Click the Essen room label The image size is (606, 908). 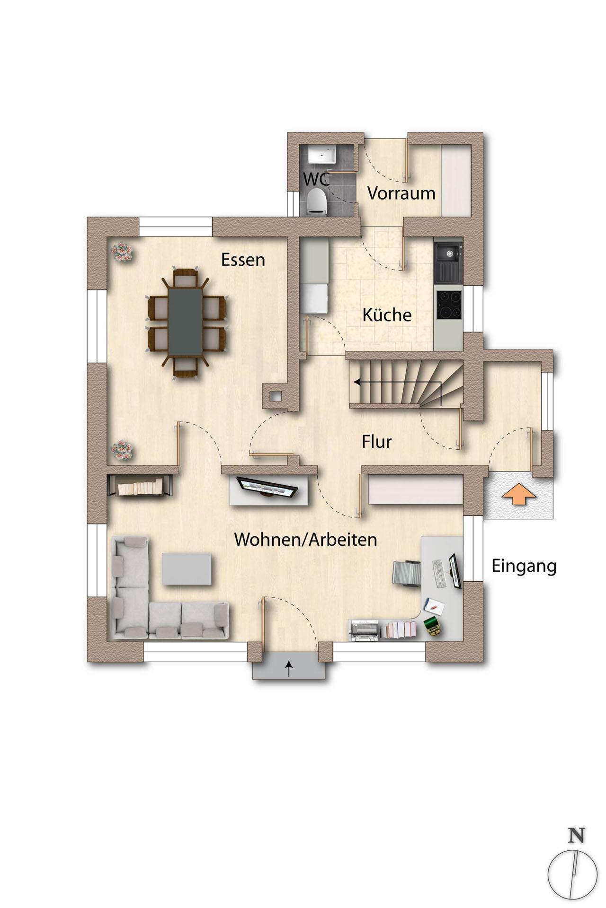tap(243, 260)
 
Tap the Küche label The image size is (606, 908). tap(387, 314)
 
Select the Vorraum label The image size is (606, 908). tap(401, 193)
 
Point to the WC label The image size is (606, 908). tap(316, 179)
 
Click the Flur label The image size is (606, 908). tap(377, 442)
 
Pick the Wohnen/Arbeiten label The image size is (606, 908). tap(306, 540)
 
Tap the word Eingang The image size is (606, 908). tap(524, 567)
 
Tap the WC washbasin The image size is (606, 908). tap(322, 154)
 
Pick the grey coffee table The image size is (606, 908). tap(187, 568)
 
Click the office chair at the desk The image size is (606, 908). tap(407, 573)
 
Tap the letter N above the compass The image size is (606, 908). tap(576, 835)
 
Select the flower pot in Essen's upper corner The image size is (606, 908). tap(122, 252)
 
